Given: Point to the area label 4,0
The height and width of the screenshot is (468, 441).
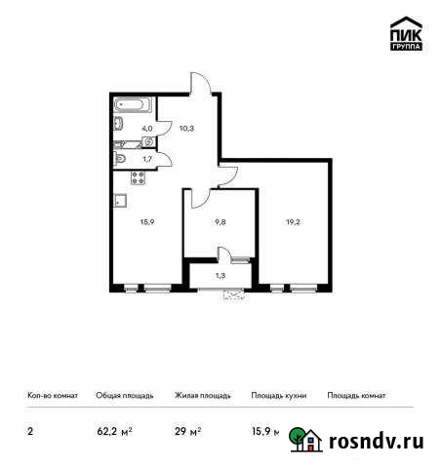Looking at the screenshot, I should [147, 127].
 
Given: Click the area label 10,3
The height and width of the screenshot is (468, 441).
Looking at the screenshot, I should [186, 127].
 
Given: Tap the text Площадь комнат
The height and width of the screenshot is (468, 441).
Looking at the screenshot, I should [356, 396].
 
